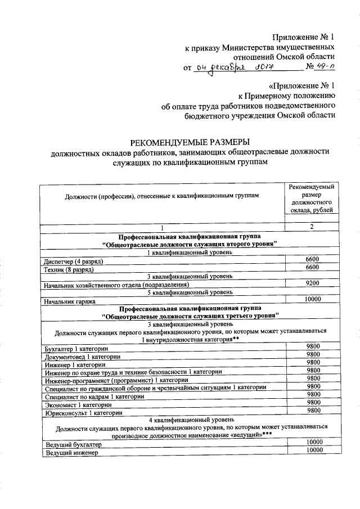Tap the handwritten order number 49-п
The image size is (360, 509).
click(x=325, y=68)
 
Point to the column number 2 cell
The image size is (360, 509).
click(x=312, y=227)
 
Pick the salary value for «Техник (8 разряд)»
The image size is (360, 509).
click(x=312, y=267)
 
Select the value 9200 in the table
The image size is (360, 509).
click(x=312, y=283)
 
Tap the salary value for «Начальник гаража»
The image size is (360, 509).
click(x=312, y=299)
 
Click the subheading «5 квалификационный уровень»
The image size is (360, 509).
click(x=188, y=292)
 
